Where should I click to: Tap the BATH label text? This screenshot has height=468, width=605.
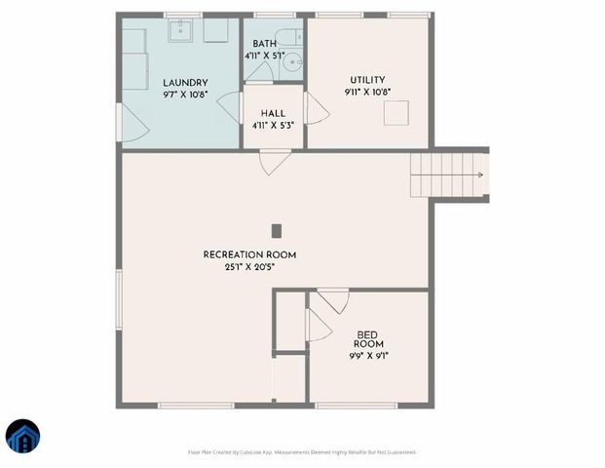[264, 44]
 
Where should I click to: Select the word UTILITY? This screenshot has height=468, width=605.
[368, 80]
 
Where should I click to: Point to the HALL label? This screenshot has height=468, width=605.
[273, 114]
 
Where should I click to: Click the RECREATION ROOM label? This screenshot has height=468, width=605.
[249, 254]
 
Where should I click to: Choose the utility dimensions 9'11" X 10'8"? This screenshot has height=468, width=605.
[368, 93]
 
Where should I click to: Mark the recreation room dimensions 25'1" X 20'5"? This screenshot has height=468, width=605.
[249, 266]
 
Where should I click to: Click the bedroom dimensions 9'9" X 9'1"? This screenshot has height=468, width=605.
[368, 356]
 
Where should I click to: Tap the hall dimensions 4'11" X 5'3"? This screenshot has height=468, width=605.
[273, 126]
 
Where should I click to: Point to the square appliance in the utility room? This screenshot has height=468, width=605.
[396, 113]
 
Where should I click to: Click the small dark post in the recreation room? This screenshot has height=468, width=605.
[276, 231]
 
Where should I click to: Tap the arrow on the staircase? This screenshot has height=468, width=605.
[477, 175]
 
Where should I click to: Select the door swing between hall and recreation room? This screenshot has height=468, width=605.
[274, 162]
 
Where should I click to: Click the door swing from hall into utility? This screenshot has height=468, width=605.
[317, 108]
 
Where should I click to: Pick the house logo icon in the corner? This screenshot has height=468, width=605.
[23, 436]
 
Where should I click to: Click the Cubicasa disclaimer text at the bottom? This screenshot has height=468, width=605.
[302, 452]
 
